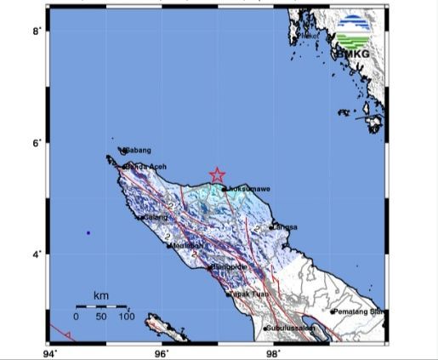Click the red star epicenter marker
pyautogui.click(x=217, y=175)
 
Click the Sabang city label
pyautogui.click(x=137, y=151)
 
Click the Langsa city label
pyautogui.click(x=283, y=227)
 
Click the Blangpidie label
pyautogui.click(x=229, y=266)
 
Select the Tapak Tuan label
pyautogui.click(x=247, y=294)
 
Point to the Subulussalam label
pyautogui.click(x=290, y=328)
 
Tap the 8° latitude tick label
pyautogui.click(x=37, y=31)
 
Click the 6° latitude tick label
pyautogui.click(x=37, y=143)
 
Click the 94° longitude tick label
pyautogui.click(x=50, y=351)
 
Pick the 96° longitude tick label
pyautogui.click(x=162, y=351)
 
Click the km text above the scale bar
pyautogui.click(x=101, y=295)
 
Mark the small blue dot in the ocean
pyautogui.click(x=88, y=232)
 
